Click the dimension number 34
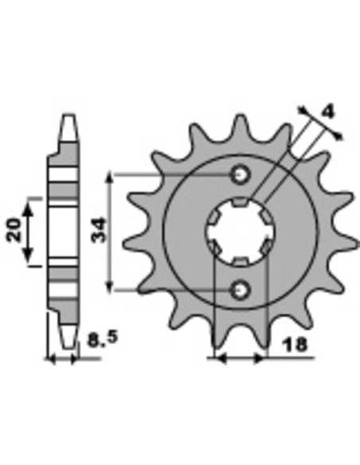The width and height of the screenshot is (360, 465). (99, 230)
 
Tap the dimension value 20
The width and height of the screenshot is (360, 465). (14, 229)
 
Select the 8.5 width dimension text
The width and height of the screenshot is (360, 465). (102, 338)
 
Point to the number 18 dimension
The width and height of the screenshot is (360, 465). (294, 345)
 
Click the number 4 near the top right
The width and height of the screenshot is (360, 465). (327, 112)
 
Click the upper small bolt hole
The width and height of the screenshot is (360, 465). (241, 174)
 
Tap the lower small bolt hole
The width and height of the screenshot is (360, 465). (241, 290)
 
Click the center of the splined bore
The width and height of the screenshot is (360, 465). (241, 232)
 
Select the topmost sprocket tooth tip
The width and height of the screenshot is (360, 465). (241, 116)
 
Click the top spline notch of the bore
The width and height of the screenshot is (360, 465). (241, 202)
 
